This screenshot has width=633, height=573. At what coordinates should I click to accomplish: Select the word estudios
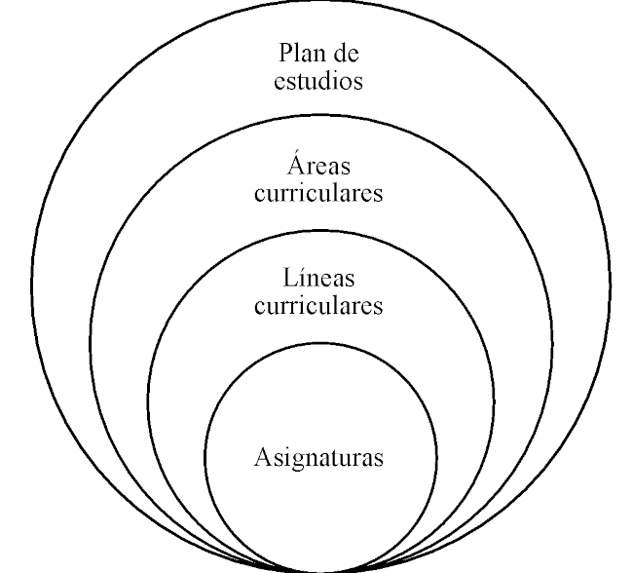[318, 79]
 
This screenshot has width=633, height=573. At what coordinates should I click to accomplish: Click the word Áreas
[318, 163]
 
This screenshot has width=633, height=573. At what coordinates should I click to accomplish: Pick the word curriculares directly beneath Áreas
[318, 192]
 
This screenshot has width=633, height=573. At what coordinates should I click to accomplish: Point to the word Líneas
[318, 277]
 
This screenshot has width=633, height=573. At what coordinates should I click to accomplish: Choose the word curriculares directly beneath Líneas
[318, 305]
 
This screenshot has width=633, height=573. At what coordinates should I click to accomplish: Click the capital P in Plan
[285, 52]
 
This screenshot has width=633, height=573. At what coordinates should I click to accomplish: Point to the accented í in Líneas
[299, 276]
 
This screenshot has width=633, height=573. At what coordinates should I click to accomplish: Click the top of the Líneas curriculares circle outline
[319, 229]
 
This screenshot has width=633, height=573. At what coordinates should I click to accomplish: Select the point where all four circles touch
[319, 570]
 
